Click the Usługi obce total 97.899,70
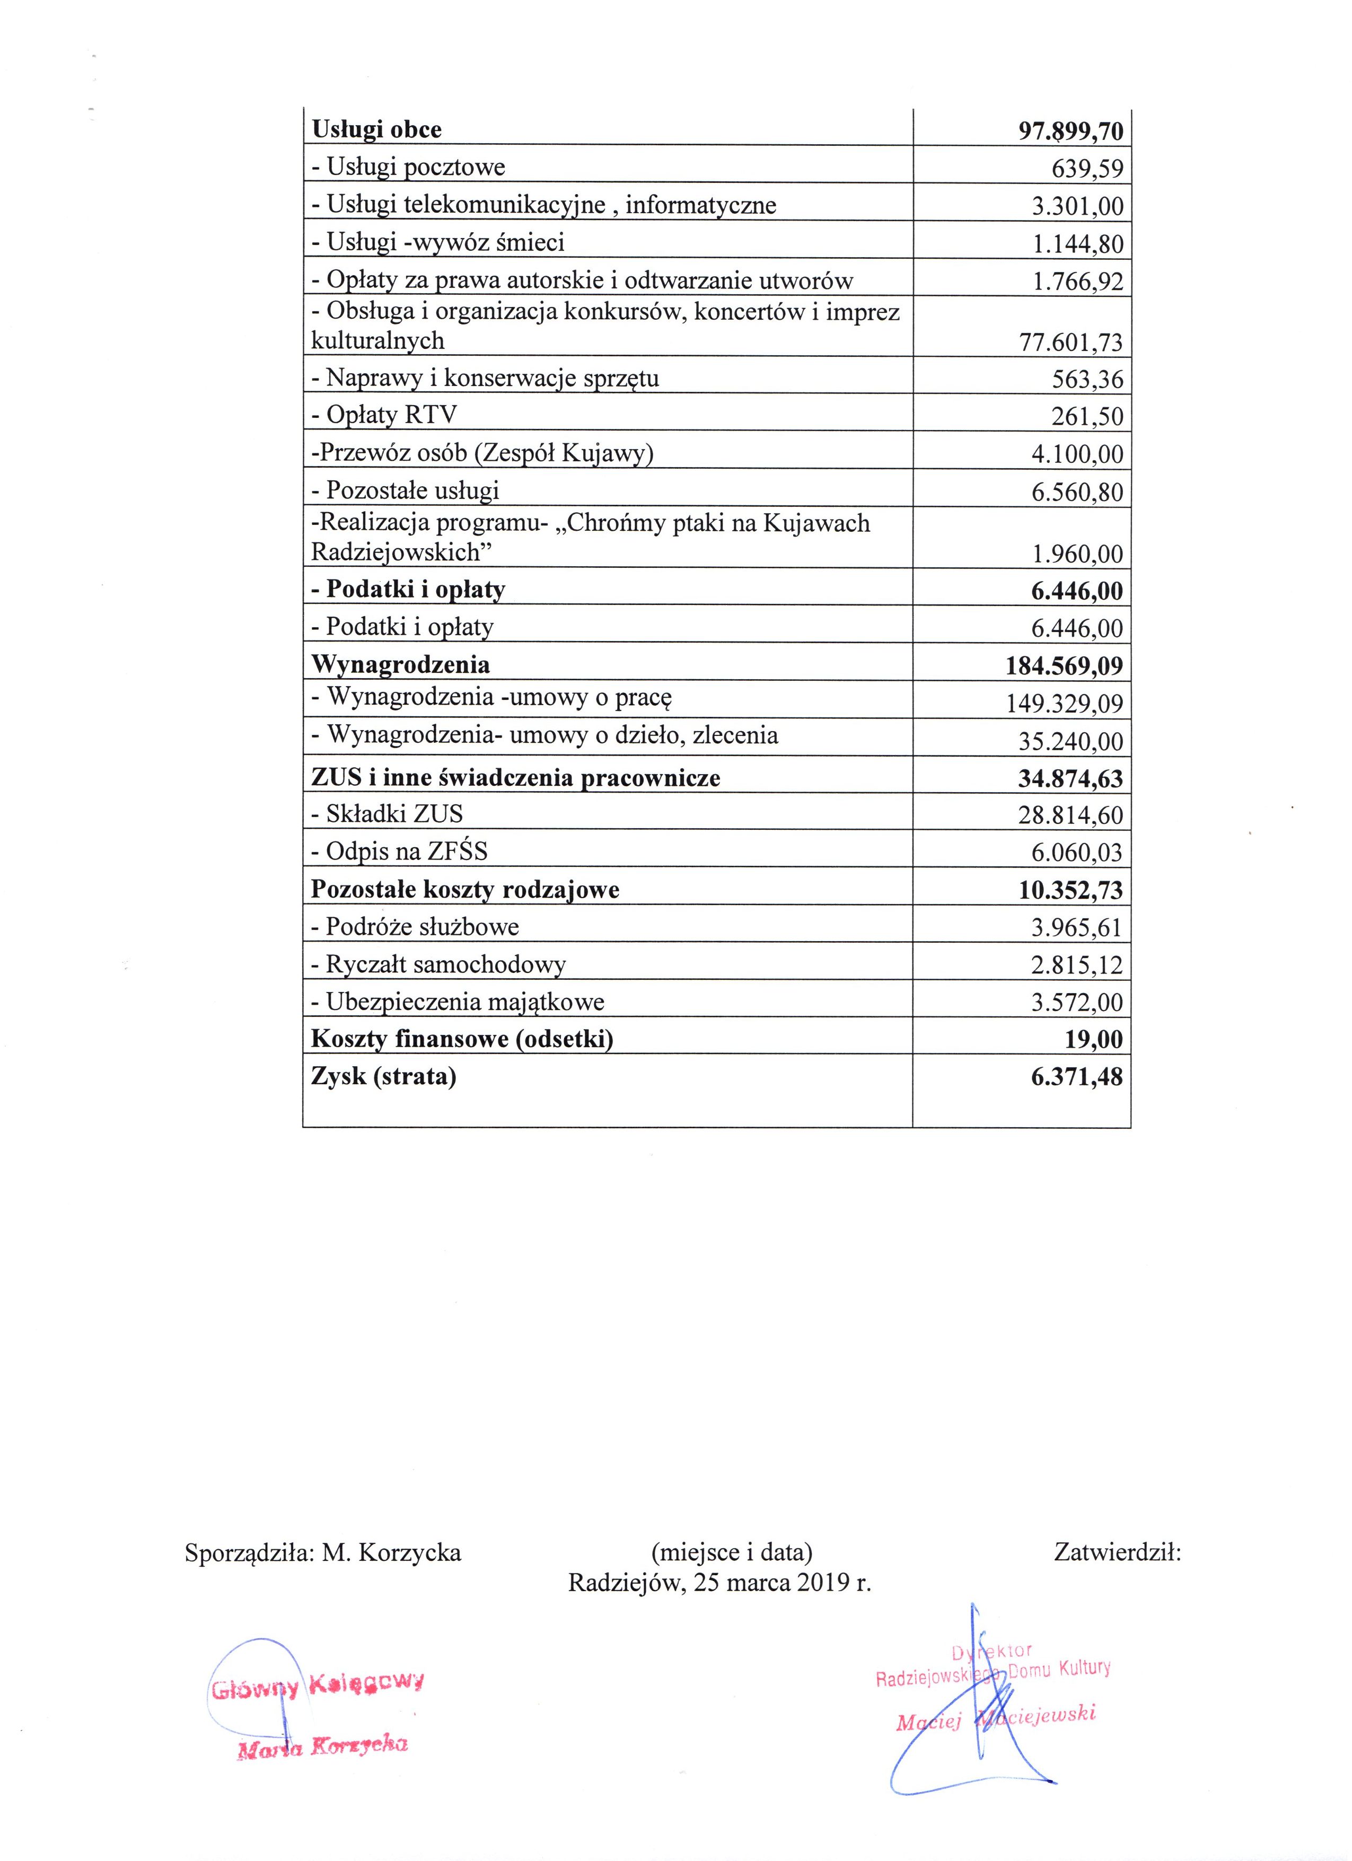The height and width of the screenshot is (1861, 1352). [x=1070, y=130]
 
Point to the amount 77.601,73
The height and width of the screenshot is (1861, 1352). [x=1070, y=342]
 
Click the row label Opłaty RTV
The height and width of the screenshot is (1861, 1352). [x=383, y=415]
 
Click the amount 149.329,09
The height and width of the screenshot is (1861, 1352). [x=1064, y=703]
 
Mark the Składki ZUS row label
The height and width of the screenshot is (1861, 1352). [x=387, y=813]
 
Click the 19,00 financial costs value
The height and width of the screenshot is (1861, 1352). [x=1094, y=1040]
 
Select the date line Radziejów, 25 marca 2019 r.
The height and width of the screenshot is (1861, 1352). [x=719, y=1583]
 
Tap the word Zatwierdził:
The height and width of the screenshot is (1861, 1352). [x=1117, y=1552]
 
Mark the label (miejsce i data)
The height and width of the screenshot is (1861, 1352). [x=731, y=1552]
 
